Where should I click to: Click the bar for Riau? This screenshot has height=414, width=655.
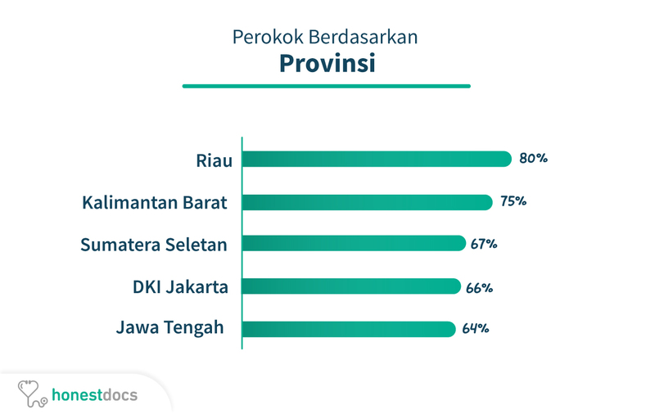tap(377, 159)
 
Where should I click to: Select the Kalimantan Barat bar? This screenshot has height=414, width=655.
tap(367, 202)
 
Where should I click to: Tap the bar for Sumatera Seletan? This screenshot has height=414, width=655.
tap(354, 243)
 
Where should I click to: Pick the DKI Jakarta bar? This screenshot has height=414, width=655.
tap(351, 286)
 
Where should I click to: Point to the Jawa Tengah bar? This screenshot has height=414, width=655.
tap(349, 329)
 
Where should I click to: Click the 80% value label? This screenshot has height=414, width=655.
tap(534, 158)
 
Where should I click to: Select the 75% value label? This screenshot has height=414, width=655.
tap(513, 201)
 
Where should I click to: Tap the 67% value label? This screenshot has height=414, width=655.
tap(484, 244)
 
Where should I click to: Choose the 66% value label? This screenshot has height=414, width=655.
tap(480, 288)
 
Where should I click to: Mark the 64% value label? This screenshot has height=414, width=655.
tap(476, 328)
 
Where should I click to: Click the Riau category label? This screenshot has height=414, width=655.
tap(215, 160)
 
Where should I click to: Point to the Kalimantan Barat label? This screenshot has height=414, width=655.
tap(155, 203)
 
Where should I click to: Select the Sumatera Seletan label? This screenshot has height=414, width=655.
tap(154, 245)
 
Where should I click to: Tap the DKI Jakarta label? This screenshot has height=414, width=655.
tap(180, 287)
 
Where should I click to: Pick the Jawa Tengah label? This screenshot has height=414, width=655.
tap(170, 327)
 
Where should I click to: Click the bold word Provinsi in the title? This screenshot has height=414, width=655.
tap(327, 64)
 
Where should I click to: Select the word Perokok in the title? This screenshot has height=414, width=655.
tap(268, 37)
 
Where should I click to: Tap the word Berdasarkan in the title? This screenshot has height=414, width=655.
tap(363, 37)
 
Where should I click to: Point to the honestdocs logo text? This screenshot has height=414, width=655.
tap(94, 395)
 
